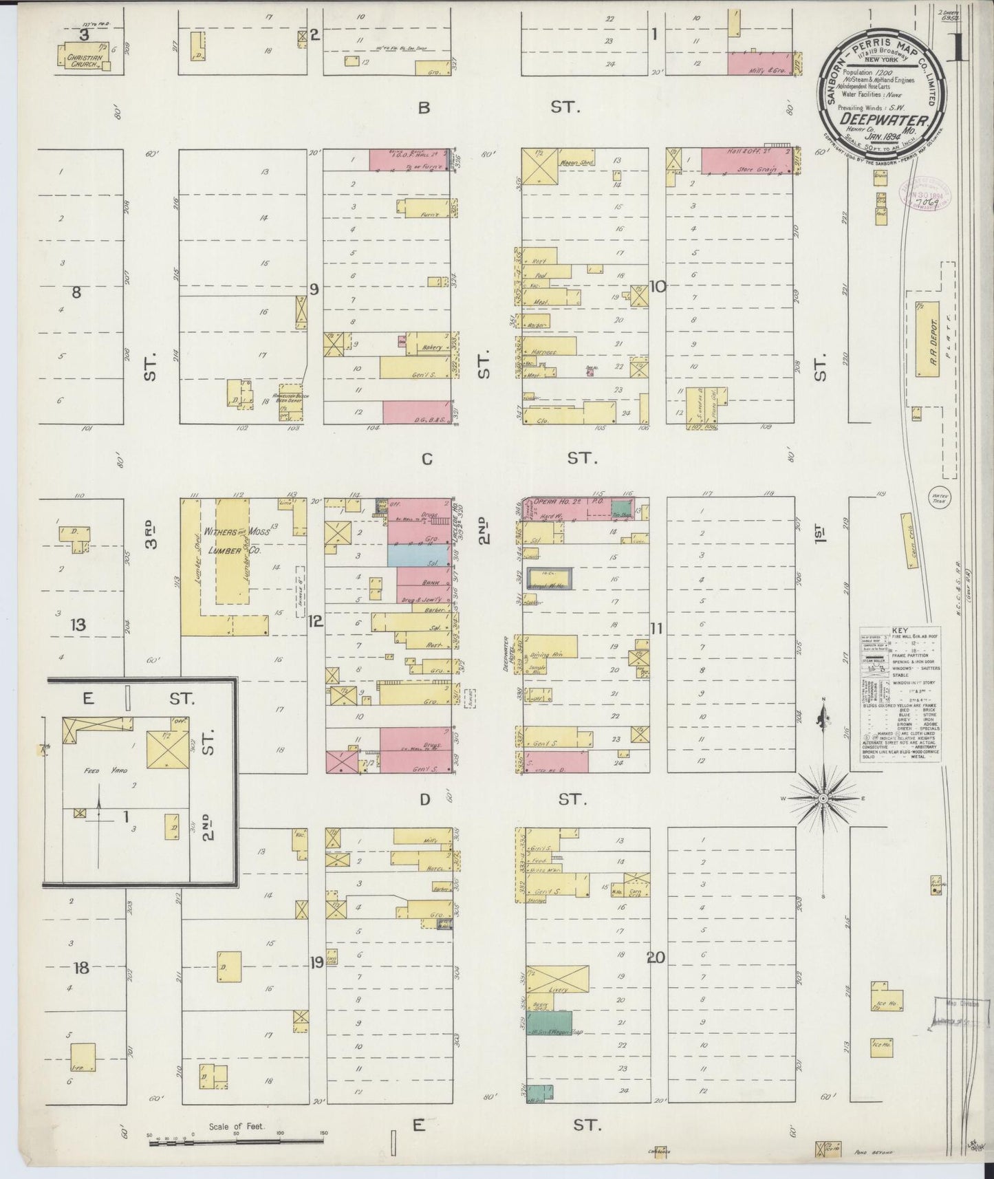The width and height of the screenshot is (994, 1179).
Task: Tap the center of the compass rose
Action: click(x=823, y=798)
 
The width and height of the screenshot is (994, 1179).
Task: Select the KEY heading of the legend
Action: click(x=899, y=631)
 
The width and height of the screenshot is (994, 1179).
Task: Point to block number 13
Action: click(x=78, y=625)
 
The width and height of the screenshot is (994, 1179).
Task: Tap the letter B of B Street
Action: click(x=424, y=107)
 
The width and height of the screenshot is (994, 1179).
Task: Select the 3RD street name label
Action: click(x=151, y=537)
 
